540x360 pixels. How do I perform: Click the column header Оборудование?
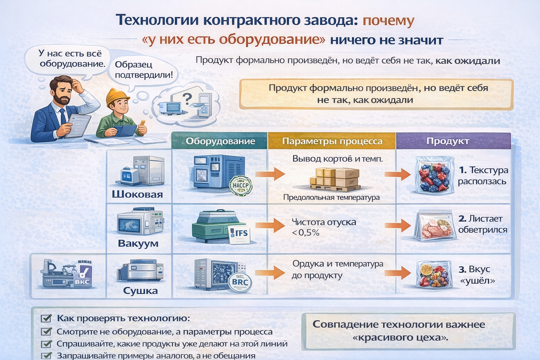pyautogui.click(x=220, y=141)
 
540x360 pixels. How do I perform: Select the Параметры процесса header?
pyautogui.click(x=332, y=141)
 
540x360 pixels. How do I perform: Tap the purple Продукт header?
pyautogui.click(x=453, y=141)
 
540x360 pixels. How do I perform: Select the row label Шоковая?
pyautogui.click(x=137, y=195)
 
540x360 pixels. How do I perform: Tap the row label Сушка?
pyautogui.click(x=140, y=291)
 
